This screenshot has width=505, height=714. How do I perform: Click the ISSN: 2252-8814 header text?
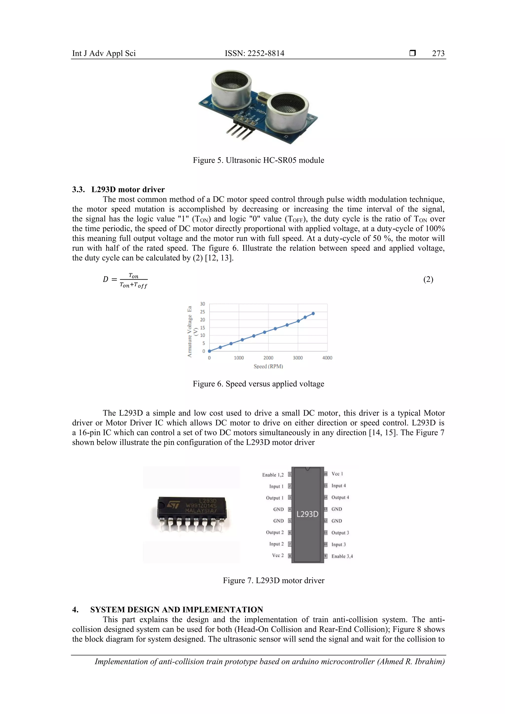tap(254, 53)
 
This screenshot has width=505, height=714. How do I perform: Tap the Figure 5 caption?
tap(258, 160)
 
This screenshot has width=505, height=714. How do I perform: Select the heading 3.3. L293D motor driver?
tap(118, 189)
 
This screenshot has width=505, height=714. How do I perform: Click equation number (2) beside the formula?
tap(428, 279)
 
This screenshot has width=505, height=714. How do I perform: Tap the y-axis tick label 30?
tap(202, 304)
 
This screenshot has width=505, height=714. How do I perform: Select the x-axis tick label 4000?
tap(327, 358)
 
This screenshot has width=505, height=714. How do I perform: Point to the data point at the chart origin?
tap(209, 351)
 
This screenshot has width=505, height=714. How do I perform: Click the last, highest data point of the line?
tap(313, 313)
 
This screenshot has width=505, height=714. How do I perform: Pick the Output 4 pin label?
tap(340, 497)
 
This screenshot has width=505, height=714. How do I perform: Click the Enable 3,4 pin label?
tap(342, 556)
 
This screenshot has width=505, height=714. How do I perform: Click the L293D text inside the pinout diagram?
tap(307, 514)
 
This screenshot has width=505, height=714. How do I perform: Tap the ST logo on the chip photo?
tap(173, 505)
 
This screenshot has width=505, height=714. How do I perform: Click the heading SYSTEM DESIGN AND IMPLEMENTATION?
tap(176, 610)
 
